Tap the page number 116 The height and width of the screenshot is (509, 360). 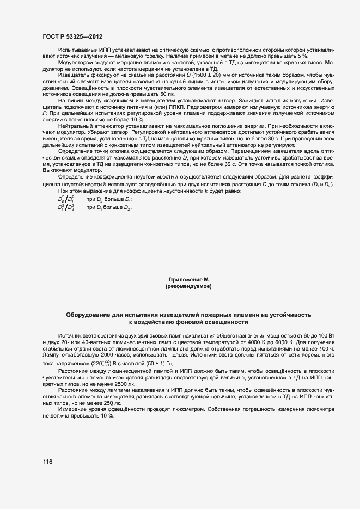pyautogui.click(x=47, y=462)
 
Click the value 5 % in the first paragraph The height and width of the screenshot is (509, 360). pyautogui.click(x=302, y=56)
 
